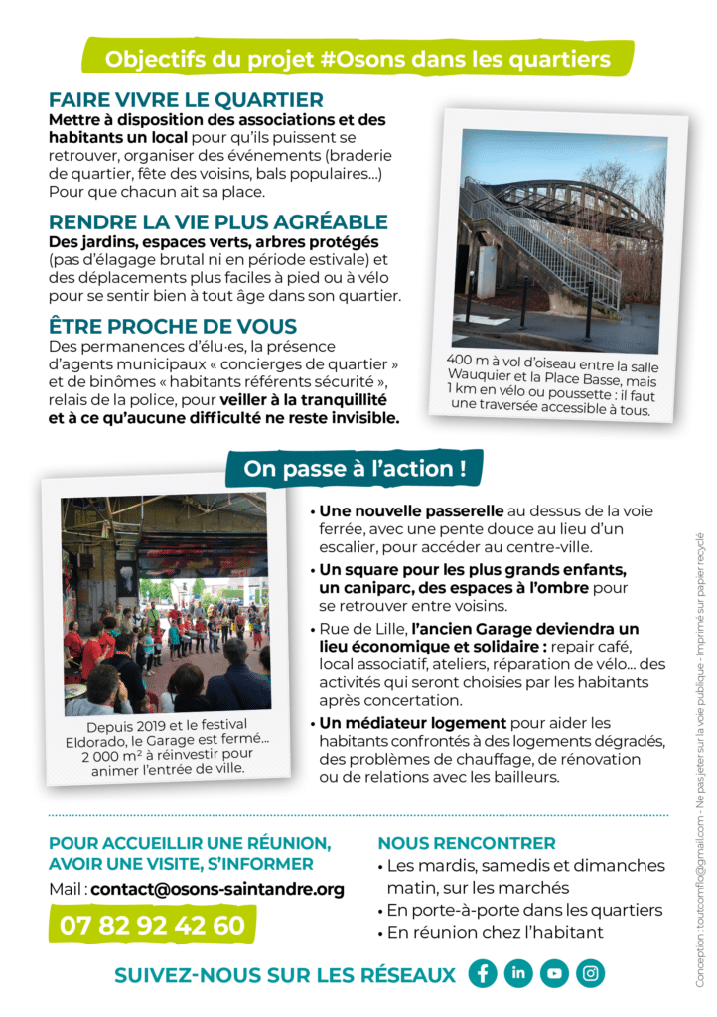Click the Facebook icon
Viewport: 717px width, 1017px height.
(483, 973)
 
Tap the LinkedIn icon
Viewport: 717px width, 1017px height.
(518, 973)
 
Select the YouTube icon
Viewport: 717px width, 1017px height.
(554, 973)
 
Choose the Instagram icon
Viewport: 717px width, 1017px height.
(590, 973)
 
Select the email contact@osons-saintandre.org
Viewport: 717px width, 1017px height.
(217, 889)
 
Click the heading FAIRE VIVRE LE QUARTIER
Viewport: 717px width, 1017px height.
(186, 100)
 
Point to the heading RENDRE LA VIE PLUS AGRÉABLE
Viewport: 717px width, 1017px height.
(218, 222)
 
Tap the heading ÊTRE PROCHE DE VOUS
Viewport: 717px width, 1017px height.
(173, 327)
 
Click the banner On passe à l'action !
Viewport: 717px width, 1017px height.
(355, 469)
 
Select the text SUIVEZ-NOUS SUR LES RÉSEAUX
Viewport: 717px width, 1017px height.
(285, 975)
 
